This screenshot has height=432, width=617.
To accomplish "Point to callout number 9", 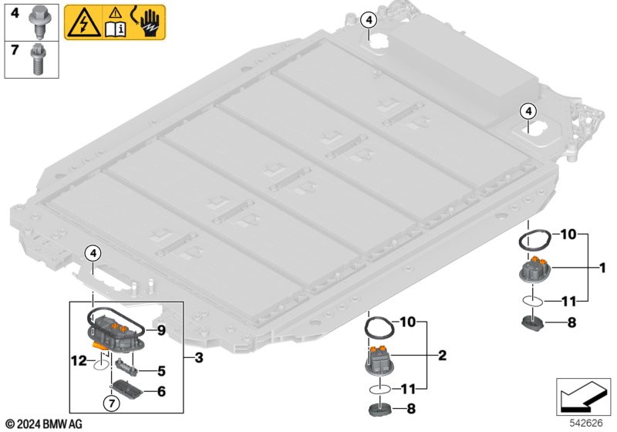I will coord(160,329).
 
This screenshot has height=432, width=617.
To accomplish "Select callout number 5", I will coord(161,370).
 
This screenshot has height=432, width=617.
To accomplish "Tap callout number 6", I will coord(160,391).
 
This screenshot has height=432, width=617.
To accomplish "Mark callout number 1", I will coord(602,268).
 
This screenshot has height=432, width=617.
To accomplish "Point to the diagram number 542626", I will coord(585,423).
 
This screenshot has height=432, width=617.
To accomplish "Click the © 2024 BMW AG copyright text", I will coord(43,424).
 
